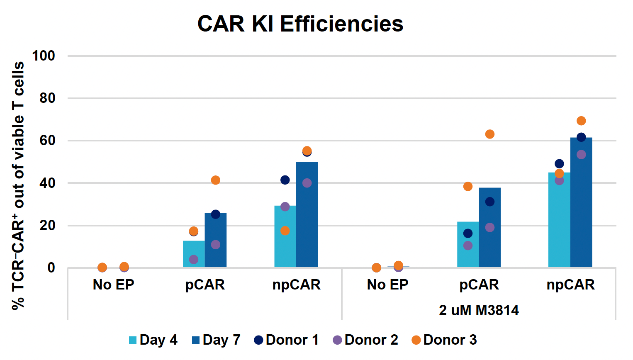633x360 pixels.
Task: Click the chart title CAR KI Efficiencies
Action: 300,24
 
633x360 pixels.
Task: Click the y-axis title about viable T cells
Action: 18,185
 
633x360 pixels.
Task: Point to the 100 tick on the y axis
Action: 44,56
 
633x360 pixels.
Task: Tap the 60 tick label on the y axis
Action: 47,141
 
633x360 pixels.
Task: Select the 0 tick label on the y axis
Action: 51,268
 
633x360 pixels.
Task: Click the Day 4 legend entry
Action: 153,340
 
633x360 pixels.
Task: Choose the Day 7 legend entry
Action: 216,340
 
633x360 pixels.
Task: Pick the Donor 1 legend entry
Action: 287,340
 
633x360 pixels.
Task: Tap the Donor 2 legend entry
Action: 365,340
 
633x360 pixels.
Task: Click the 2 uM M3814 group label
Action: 479,310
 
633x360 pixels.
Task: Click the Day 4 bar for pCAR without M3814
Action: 194,254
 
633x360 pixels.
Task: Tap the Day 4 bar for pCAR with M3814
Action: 468,244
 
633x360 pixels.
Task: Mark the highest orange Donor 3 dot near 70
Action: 581,121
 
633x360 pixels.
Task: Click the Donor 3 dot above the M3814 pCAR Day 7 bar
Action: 490,134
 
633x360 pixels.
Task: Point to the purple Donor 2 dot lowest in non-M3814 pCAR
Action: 194,260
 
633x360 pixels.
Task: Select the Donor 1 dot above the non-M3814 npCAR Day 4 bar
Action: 285,180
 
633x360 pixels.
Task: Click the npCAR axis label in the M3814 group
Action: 570,285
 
